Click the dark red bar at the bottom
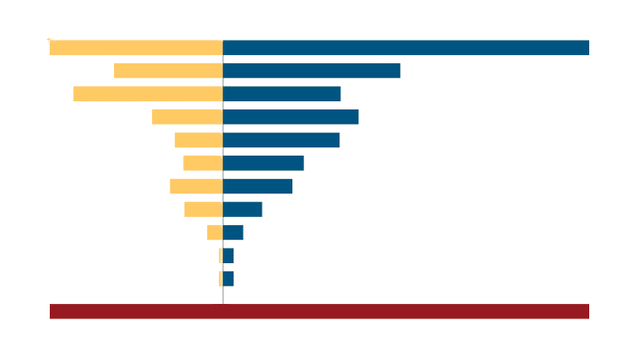coord(319,311)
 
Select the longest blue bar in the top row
coord(405,48)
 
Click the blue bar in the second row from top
coord(311,71)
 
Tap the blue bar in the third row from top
coord(281,93)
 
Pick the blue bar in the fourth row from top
coord(291,117)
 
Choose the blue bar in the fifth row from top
coord(281,139)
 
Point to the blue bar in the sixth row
coord(263,163)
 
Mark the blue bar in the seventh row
coord(257,185)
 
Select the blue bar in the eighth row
coord(243,209)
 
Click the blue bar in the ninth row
coord(233,232)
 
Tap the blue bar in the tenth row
coord(228,256)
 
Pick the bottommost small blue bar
coord(228,278)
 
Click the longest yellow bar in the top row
coord(135,48)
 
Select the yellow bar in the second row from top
coord(167,71)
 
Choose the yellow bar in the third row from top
coord(147,93)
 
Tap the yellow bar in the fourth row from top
coord(186,117)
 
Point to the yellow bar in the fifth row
coord(197,139)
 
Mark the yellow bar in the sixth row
coord(202,163)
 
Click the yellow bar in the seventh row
coord(195,185)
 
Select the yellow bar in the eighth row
coord(203,209)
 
